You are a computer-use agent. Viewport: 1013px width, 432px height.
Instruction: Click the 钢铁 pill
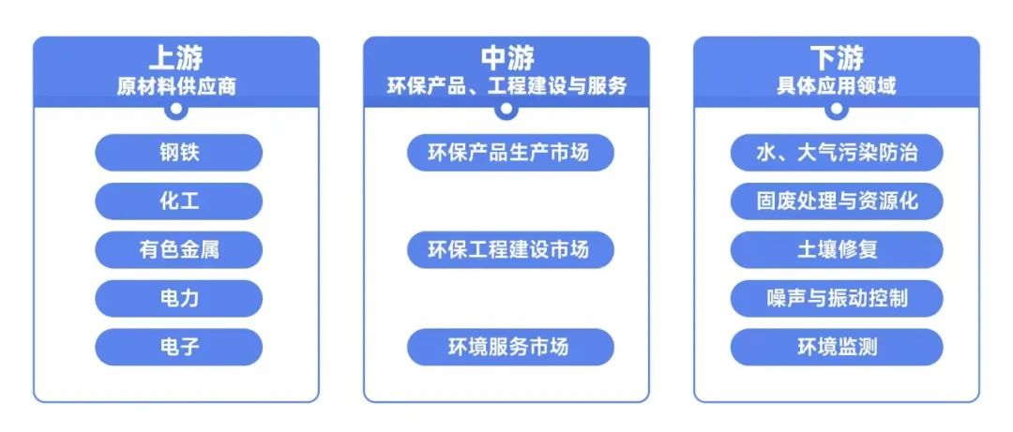click(178, 153)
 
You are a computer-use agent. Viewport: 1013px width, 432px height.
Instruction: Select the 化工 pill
click(178, 201)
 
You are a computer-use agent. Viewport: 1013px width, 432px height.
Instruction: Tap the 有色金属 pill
click(178, 250)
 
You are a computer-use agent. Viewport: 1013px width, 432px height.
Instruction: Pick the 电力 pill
click(178, 299)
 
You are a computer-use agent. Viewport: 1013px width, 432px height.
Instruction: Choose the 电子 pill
click(178, 348)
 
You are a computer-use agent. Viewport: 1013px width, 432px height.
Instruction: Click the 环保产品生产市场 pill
click(509, 152)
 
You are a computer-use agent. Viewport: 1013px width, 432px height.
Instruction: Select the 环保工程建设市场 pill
click(509, 250)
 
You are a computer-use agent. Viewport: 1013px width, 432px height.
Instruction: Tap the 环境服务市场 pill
click(509, 348)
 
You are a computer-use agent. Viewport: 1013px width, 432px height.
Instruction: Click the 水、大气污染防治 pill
click(837, 153)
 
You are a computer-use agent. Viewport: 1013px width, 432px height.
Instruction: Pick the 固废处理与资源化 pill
click(837, 201)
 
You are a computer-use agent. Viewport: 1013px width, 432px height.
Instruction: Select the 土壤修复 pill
click(837, 250)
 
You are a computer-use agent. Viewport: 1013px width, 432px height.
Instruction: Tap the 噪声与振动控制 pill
click(837, 299)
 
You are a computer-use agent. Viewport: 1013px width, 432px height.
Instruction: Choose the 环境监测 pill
click(837, 348)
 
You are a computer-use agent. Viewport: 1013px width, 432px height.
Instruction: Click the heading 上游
click(175, 59)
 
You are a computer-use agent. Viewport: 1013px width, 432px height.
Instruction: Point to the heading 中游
click(506, 59)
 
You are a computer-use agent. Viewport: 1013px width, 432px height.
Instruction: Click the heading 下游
click(837, 59)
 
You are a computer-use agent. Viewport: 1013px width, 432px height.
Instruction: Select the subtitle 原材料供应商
click(175, 86)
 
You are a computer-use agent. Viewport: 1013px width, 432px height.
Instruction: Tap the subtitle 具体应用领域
click(837, 86)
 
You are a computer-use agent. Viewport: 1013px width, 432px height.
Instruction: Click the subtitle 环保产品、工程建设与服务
click(506, 86)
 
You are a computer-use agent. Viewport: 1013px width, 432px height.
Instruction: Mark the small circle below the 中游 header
click(506, 109)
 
